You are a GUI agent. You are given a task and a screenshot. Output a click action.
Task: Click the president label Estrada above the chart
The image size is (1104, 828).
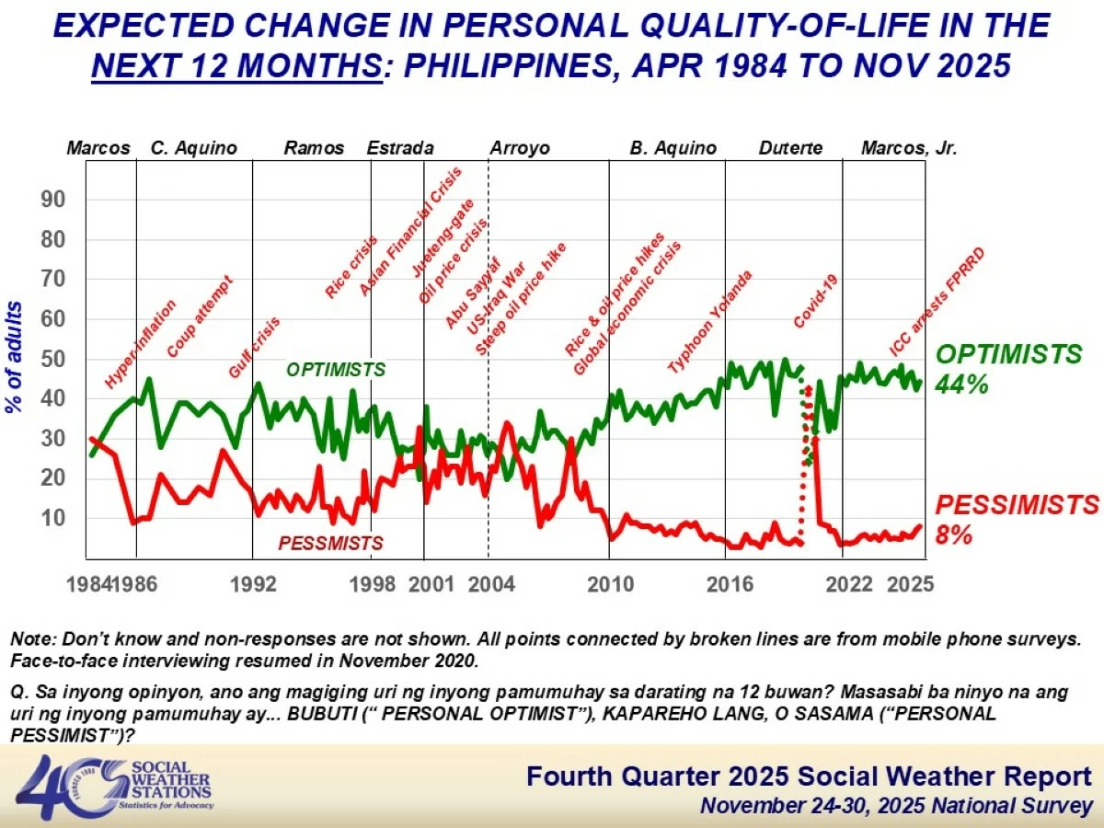[x=400, y=148]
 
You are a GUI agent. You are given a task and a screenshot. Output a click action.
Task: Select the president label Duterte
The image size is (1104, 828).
[x=791, y=148]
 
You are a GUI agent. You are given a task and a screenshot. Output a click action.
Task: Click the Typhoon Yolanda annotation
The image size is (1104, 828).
[x=710, y=322]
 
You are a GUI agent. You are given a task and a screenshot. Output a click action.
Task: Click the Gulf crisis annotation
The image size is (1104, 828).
[x=254, y=348]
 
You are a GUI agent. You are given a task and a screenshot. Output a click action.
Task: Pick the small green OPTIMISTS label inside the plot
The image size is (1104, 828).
[x=336, y=370]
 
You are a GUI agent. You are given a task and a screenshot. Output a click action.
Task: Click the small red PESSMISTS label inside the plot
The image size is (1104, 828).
[x=330, y=544]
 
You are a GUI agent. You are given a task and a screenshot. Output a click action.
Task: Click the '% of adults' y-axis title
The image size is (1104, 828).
[x=16, y=357]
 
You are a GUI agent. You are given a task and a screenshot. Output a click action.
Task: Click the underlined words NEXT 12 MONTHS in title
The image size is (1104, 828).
[x=236, y=66]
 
